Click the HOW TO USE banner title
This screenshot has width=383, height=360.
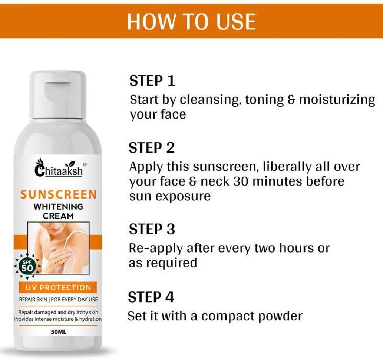pyautogui.click(x=191, y=21)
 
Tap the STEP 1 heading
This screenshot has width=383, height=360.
pyautogui.click(x=152, y=81)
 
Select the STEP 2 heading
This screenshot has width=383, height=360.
pyautogui.click(x=152, y=148)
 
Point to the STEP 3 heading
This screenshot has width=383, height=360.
pyautogui.click(x=152, y=229)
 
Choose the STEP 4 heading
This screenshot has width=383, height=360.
pyautogui.click(x=151, y=297)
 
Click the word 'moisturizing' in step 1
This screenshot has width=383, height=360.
pyautogui.click(x=337, y=100)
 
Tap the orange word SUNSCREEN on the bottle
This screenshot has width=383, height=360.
pyautogui.click(x=59, y=194)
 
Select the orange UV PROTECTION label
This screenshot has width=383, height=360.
pyautogui.click(x=58, y=287)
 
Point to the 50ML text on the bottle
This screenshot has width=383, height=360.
pyautogui.click(x=59, y=332)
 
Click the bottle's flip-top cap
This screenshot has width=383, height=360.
pyautogui.click(x=58, y=95)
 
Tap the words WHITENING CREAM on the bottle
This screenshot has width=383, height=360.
pyautogui.click(x=58, y=211)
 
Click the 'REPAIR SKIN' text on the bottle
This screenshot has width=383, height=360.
pyautogui.click(x=33, y=300)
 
